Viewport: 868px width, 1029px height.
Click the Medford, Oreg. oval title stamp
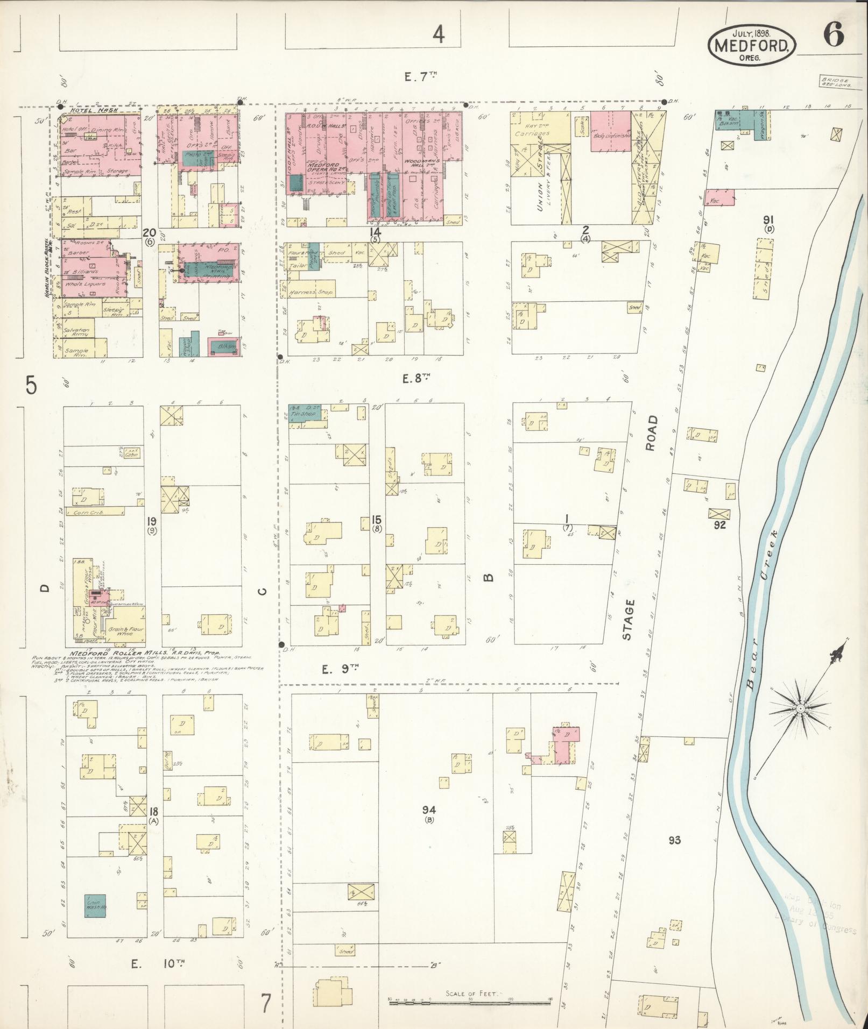(x=752, y=45)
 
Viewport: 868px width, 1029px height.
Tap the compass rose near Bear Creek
(x=800, y=708)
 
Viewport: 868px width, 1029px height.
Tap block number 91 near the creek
(x=768, y=219)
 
